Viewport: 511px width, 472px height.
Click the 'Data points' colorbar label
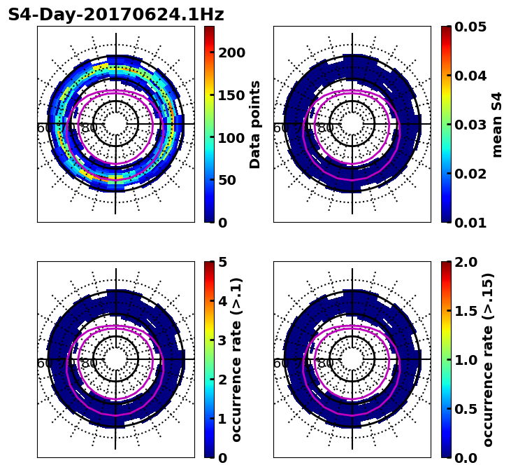coord(255,125)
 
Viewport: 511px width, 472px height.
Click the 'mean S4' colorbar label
coord(497,125)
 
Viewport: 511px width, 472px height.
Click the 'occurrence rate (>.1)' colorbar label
coord(237,360)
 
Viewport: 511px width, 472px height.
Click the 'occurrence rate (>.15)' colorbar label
coord(488,360)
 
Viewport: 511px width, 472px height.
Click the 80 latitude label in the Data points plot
coord(89,128)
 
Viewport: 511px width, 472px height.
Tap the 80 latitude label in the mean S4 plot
coord(326,128)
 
